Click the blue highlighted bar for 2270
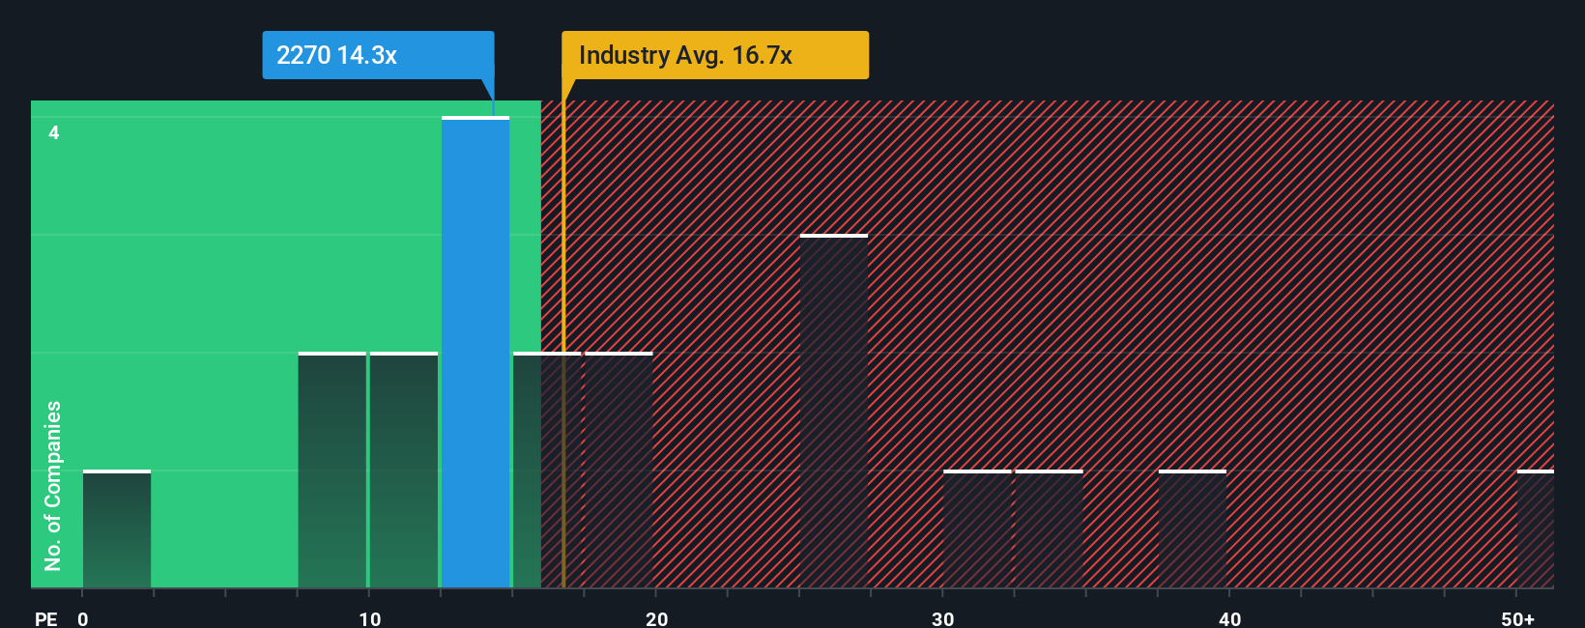click(475, 353)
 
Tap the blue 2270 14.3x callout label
click(378, 55)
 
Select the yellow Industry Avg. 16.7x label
click(714, 55)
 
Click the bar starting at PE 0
click(117, 529)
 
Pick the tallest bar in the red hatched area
click(833, 411)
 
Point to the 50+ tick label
click(1517, 619)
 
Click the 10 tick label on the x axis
click(369, 619)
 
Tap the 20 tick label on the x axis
click(656, 619)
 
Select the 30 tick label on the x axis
click(942, 619)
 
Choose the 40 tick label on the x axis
click(1229, 619)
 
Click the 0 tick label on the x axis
click(83, 619)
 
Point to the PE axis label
click(46, 619)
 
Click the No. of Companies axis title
click(53, 486)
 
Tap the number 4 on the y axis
click(54, 133)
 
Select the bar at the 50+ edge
click(1536, 529)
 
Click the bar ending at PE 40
click(1193, 529)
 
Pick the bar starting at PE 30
click(977, 529)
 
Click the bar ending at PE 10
click(331, 470)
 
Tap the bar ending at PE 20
click(620, 470)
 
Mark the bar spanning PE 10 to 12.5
click(404, 470)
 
